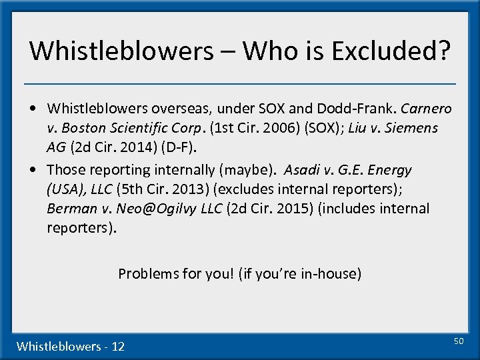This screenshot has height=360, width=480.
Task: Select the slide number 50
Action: (458, 341)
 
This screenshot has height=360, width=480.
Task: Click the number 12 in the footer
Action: (118, 346)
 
